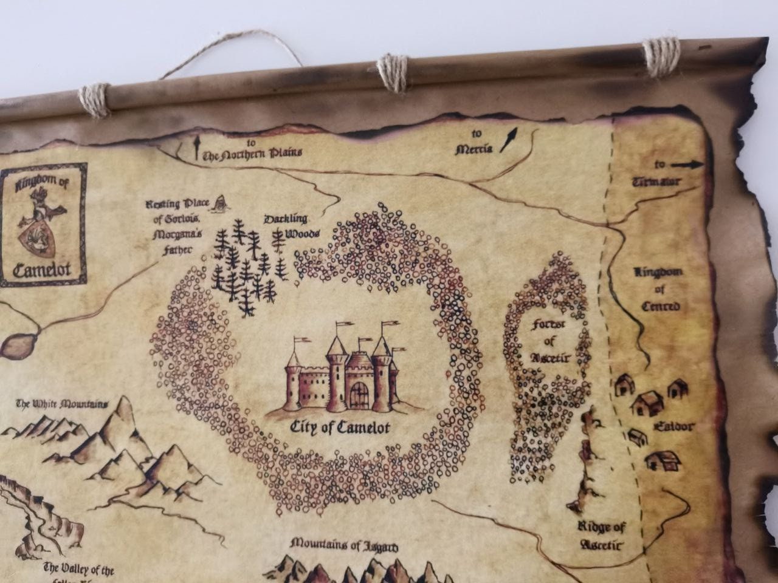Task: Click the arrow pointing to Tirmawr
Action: [x=687, y=165]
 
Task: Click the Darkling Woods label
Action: [x=286, y=225]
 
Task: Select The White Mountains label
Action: [x=62, y=404]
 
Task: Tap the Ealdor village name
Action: [x=673, y=426]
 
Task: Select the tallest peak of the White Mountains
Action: [x=125, y=407]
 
